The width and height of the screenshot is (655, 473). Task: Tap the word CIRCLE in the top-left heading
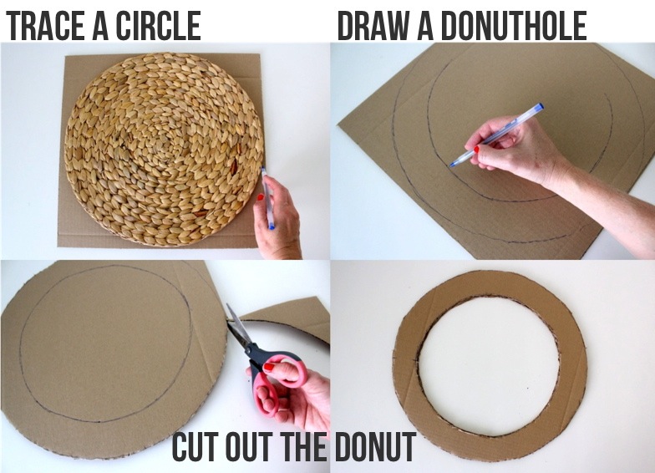click(158, 26)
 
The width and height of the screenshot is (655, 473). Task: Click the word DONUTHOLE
click(513, 26)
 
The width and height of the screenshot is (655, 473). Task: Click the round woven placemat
click(164, 149)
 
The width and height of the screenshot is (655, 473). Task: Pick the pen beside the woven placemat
click(267, 197)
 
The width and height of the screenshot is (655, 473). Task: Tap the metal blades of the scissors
click(237, 326)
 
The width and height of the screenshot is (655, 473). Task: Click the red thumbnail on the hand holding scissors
click(269, 368)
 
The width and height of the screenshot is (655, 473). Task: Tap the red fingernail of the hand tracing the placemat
click(261, 197)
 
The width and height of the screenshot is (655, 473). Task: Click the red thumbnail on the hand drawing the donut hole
click(476, 149)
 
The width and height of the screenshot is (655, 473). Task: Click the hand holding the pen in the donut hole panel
click(513, 148)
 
